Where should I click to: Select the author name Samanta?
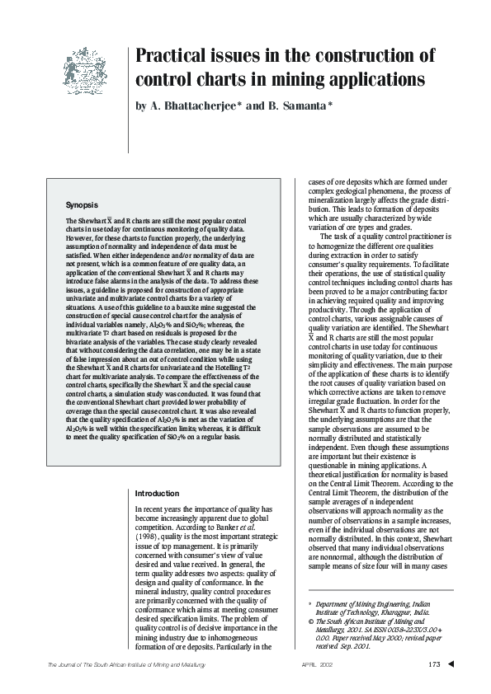point(302,106)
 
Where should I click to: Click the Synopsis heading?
point(83,203)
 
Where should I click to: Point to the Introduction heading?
point(157,493)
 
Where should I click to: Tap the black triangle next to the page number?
point(451,664)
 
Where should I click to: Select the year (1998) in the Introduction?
point(148,533)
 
